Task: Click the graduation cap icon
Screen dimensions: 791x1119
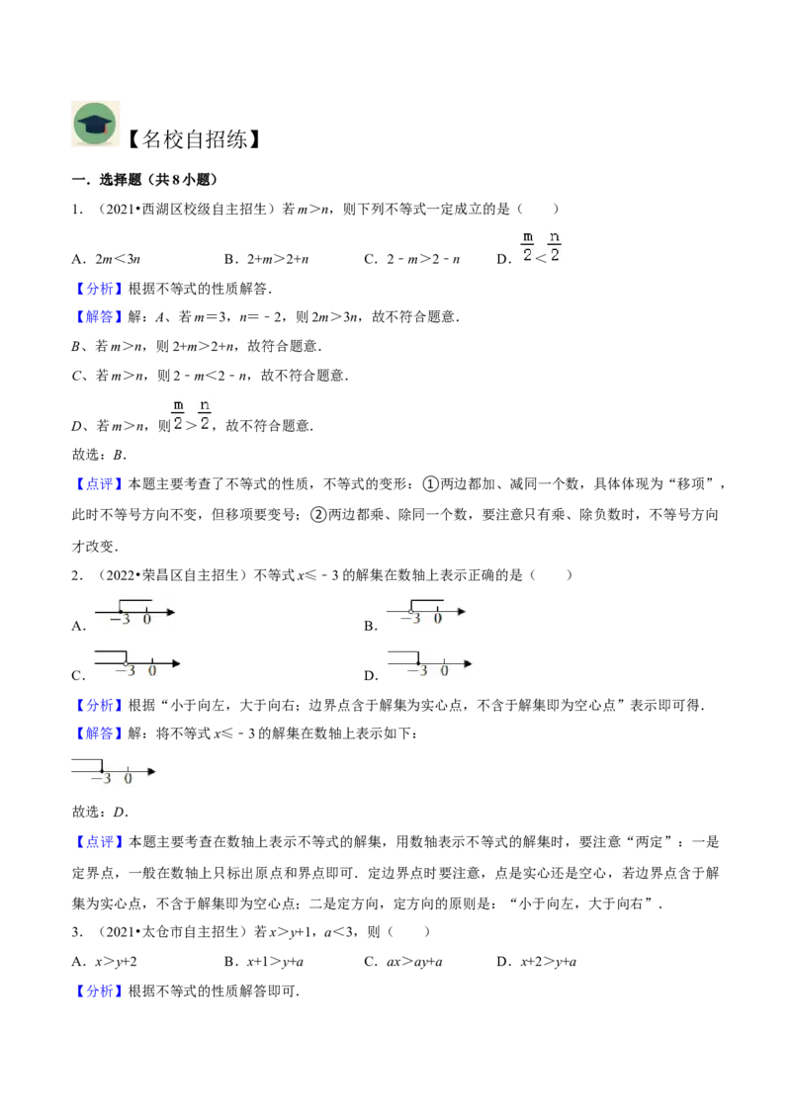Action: pyautogui.click(x=96, y=125)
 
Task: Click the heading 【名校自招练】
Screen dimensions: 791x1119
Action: pyautogui.click(x=194, y=139)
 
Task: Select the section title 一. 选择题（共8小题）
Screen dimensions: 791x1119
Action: pyautogui.click(x=145, y=180)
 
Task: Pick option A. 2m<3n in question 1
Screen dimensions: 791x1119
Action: pyautogui.click(x=106, y=259)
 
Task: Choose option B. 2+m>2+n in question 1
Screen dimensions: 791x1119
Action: pyautogui.click(x=266, y=259)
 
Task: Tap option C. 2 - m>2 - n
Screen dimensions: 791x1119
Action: pyautogui.click(x=412, y=259)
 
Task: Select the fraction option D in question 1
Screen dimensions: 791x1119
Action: pyautogui.click(x=529, y=249)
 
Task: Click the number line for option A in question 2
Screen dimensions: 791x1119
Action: pyautogui.click(x=134, y=612)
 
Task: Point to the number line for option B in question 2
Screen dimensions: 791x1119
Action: pyautogui.click(x=426, y=612)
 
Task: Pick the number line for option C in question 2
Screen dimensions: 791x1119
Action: pyautogui.click(x=137, y=663)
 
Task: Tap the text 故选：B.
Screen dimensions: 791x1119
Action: pyautogui.click(x=99, y=455)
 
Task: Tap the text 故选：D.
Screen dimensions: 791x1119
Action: pyautogui.click(x=100, y=812)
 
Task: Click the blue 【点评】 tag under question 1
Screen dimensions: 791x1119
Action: pyautogui.click(x=99, y=483)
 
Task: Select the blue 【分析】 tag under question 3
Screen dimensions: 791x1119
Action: pyautogui.click(x=99, y=990)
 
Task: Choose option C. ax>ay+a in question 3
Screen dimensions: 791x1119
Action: pyautogui.click(x=403, y=961)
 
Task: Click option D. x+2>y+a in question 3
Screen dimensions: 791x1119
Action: pyautogui.click(x=537, y=961)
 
